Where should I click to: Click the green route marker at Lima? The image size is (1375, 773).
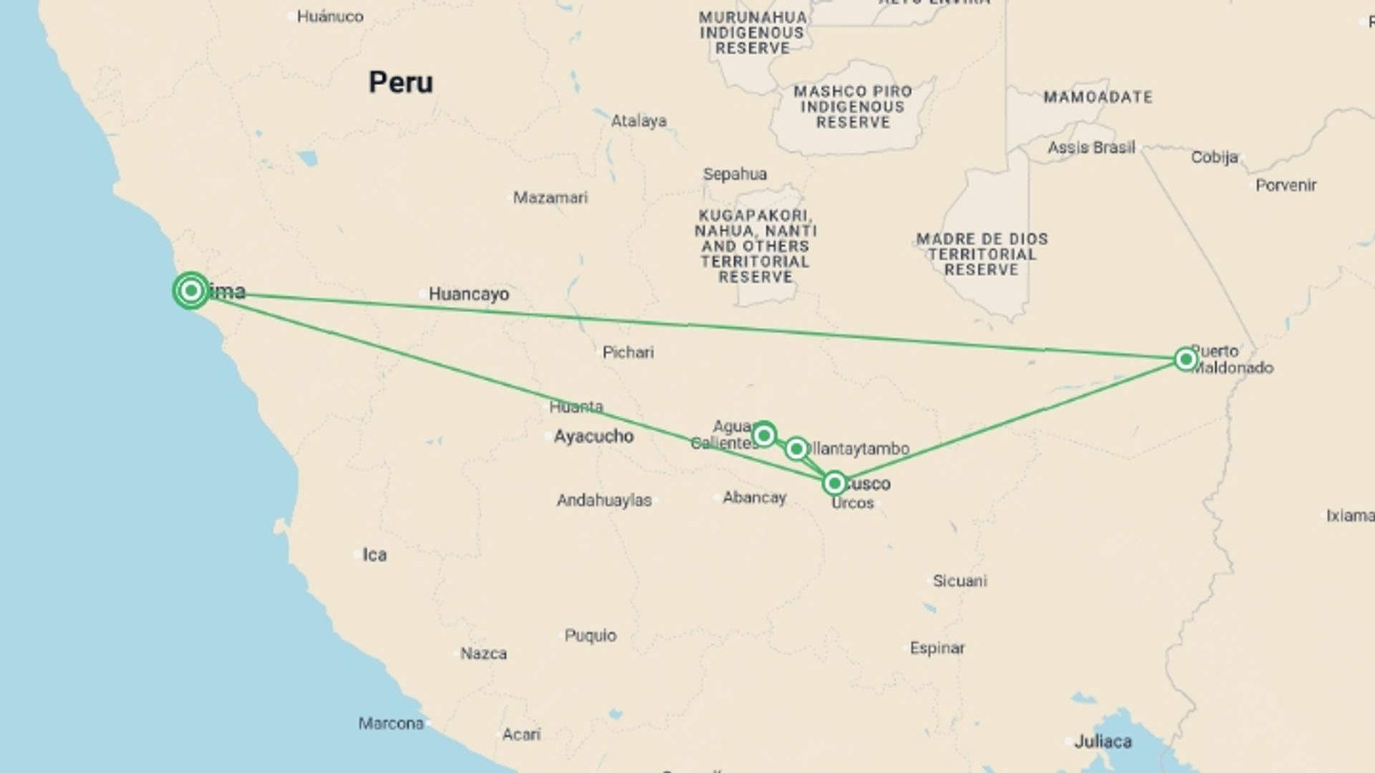tap(190, 291)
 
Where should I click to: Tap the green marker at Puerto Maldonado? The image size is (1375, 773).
tap(1186, 359)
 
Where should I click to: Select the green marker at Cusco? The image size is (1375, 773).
tap(834, 484)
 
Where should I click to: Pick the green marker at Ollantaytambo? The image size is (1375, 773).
tap(796, 449)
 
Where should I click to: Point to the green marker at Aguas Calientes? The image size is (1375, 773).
tap(764, 434)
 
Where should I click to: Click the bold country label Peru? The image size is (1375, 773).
tap(400, 82)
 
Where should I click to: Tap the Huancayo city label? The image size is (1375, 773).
tap(468, 294)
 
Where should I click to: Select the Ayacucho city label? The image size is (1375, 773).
tap(593, 436)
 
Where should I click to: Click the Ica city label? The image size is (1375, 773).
tap(375, 555)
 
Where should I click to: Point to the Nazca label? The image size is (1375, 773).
tap(483, 653)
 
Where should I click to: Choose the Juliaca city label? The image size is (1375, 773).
tap(1103, 742)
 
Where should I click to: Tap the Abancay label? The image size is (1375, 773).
tap(754, 497)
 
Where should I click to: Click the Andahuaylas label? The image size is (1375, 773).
tap(604, 500)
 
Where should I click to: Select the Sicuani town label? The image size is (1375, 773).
tap(960, 581)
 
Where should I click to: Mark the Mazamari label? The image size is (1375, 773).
tap(550, 198)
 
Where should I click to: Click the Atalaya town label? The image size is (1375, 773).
tap(638, 121)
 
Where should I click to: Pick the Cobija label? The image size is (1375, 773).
tap(1215, 157)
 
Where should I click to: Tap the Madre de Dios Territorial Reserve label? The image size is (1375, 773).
tap(982, 254)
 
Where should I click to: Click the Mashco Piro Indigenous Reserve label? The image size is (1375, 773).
tap(852, 107)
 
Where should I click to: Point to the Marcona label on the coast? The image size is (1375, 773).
tap(391, 724)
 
